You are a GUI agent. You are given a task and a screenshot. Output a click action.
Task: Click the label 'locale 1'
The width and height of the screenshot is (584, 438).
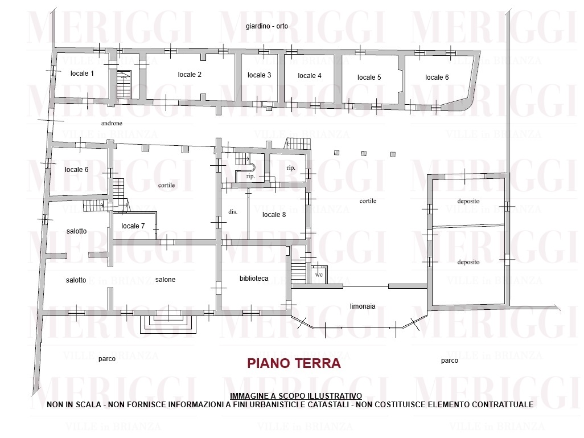(x=82, y=73)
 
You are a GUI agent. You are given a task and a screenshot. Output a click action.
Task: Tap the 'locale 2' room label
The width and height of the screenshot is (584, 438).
(x=190, y=75)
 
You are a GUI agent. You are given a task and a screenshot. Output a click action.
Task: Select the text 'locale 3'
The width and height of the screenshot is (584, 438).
(x=259, y=75)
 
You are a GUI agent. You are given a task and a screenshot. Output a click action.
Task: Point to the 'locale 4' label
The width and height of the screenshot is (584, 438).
(x=310, y=76)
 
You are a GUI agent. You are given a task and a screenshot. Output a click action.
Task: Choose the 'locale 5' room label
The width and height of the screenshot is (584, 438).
(x=369, y=77)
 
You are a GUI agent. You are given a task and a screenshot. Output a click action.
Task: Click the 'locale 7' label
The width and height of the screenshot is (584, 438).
(x=133, y=226)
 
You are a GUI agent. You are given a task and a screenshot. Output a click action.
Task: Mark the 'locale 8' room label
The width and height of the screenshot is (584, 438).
(x=274, y=214)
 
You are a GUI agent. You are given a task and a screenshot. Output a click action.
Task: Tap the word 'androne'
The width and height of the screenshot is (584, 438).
(x=112, y=123)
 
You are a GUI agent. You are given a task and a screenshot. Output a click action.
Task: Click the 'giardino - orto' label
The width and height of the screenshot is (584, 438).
(x=267, y=26)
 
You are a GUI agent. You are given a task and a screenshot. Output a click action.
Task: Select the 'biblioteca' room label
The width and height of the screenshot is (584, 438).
(x=254, y=279)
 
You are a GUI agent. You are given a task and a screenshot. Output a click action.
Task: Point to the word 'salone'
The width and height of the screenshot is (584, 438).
(x=166, y=280)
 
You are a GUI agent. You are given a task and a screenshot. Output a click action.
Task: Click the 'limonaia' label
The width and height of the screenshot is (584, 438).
(x=363, y=306)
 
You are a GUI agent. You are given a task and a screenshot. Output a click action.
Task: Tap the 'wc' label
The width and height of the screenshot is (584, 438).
(x=319, y=275)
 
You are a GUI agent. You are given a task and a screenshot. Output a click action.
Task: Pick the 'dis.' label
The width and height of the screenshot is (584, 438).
(x=233, y=212)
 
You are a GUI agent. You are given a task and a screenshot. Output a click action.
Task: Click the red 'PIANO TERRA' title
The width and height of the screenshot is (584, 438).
(x=294, y=363)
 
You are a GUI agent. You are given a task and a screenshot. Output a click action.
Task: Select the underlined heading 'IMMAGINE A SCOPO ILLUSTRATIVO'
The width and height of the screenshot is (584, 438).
(x=296, y=396)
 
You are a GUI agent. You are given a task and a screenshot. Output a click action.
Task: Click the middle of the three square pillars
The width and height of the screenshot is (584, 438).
(x=364, y=153)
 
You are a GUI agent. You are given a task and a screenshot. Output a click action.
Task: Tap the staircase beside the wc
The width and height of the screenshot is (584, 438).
(x=298, y=271)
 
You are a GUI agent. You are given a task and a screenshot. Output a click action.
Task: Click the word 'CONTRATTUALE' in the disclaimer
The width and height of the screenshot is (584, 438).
(x=503, y=404)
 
